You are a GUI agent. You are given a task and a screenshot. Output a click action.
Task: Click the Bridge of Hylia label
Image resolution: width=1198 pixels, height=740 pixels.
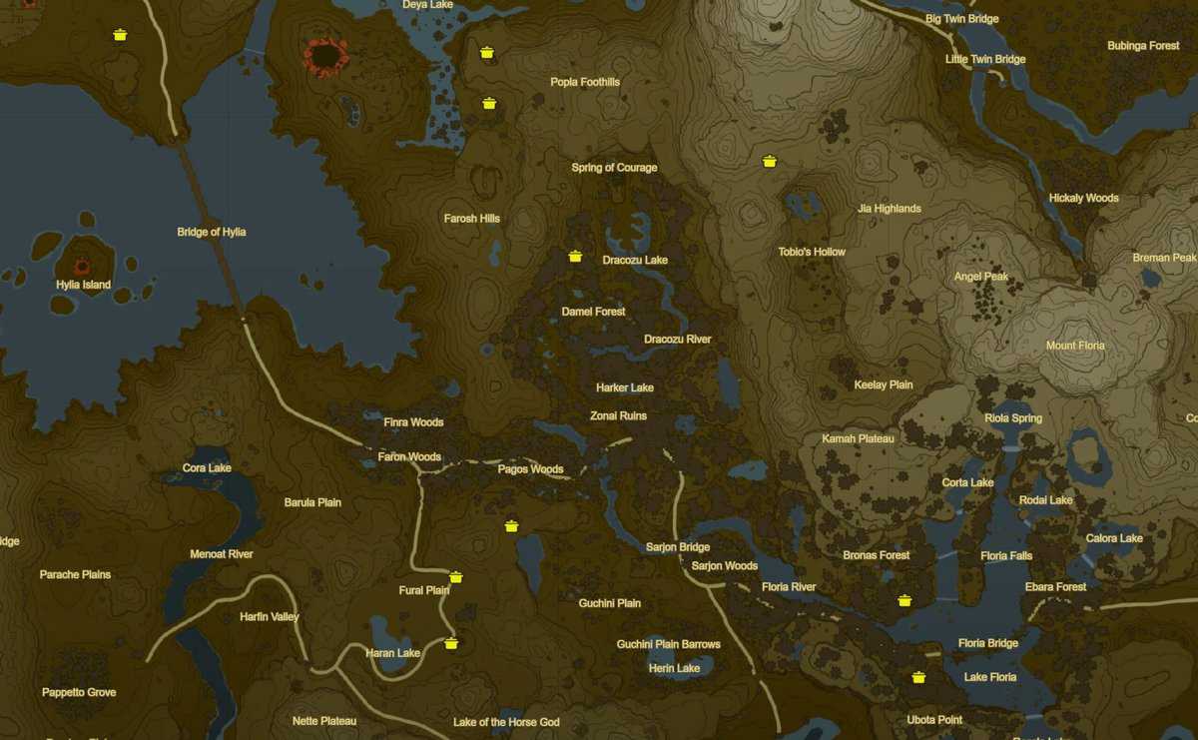pos(211,232)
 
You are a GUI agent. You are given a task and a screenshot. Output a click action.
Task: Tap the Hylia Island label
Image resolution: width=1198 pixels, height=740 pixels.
pos(83,285)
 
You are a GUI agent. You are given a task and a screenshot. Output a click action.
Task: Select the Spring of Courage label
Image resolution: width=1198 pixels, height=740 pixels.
pos(614,168)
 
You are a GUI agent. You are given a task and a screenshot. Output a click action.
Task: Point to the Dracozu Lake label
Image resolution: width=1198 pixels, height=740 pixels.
pos(635,260)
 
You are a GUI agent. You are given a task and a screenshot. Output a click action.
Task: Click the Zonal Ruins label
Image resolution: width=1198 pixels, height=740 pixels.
pos(618,415)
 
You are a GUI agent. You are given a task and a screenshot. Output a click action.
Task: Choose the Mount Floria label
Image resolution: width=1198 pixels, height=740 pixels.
pos(1075,346)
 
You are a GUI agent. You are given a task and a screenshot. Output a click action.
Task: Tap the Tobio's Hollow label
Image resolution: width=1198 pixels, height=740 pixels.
pos(812,252)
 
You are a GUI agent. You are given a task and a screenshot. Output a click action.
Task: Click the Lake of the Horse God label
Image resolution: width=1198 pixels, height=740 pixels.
pos(506,722)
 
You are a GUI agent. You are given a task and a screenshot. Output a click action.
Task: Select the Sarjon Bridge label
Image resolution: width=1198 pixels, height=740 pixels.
pos(678,547)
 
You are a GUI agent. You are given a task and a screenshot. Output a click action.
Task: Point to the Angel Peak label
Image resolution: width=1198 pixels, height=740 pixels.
pos(981,277)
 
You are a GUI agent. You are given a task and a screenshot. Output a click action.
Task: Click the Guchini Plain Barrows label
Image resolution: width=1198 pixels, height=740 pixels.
pos(668,644)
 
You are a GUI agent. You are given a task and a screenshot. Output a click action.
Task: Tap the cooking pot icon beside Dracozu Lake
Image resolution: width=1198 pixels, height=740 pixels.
pos(575,257)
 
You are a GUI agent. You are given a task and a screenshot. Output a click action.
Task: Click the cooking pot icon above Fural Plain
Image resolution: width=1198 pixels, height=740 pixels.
pos(456,576)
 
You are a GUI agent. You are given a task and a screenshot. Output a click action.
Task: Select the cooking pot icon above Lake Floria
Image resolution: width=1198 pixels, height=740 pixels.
pos(918,677)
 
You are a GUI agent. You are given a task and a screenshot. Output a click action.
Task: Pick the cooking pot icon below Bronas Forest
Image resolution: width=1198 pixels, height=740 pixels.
pos(904,600)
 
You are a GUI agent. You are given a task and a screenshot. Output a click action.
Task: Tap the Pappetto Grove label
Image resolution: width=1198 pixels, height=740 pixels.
pos(79,692)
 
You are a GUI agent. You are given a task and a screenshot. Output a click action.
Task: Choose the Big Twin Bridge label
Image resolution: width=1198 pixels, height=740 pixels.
pos(961,19)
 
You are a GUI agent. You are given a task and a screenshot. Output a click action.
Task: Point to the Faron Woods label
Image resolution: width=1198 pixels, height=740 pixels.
pos(409,456)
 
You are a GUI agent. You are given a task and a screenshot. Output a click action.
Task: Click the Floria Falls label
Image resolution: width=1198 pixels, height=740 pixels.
pos(1006,555)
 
